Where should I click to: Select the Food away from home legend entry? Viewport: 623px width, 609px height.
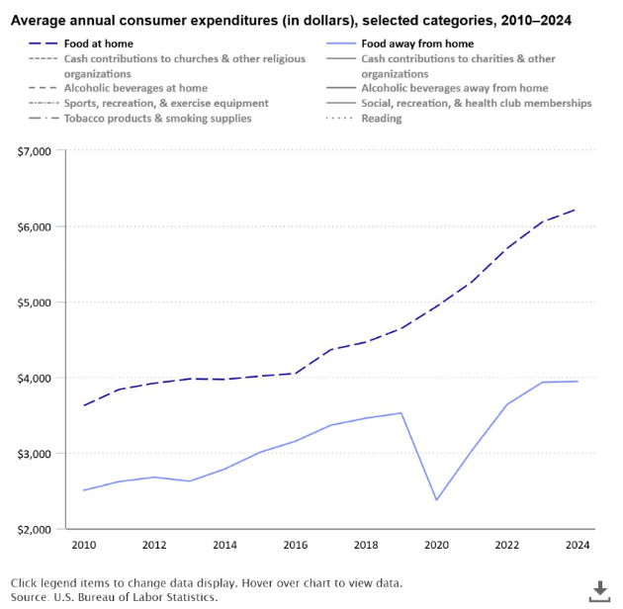click(416, 43)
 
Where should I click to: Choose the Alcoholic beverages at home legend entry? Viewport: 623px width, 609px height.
click(134, 88)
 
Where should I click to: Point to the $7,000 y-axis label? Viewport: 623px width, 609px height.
click(38, 151)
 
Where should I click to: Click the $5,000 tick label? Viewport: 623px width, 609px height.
click(38, 303)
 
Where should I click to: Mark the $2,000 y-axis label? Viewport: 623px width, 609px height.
click(38, 530)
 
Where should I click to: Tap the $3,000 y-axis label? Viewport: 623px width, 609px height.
click(38, 454)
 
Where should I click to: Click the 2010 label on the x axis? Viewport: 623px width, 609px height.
click(83, 545)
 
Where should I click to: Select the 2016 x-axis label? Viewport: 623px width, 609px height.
click(295, 545)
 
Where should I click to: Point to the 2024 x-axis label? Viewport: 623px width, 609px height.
click(578, 545)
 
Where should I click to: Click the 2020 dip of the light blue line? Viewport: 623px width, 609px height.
click(436, 500)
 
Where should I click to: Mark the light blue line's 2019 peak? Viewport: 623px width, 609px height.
click(400, 412)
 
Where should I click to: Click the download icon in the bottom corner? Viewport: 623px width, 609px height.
click(599, 591)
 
